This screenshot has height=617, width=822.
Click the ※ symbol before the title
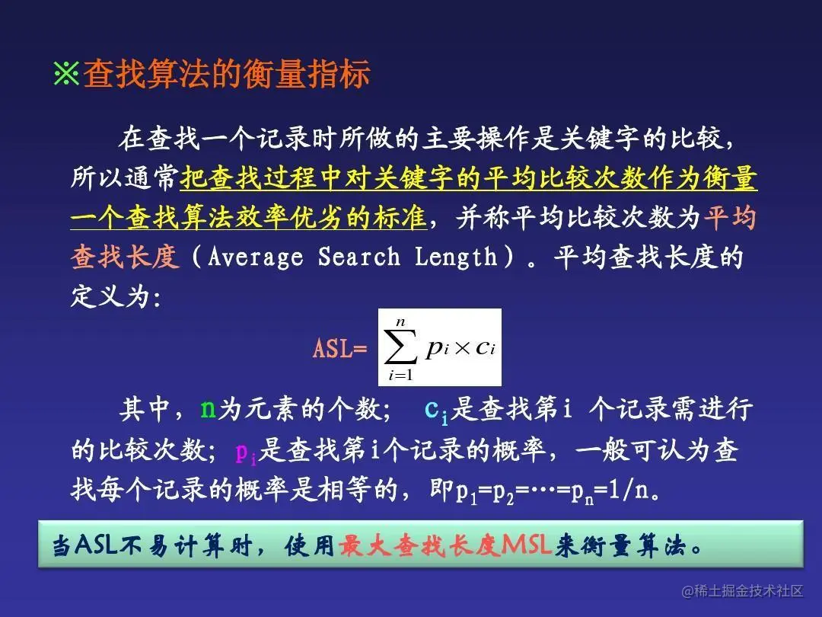66,75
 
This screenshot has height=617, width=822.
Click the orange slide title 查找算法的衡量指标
227,75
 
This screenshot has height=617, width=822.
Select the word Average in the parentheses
255,257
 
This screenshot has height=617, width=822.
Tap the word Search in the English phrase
358,257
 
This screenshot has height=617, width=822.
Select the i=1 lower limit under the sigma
400,375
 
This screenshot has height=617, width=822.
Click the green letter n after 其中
208,410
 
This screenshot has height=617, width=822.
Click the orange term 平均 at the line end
730,219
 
